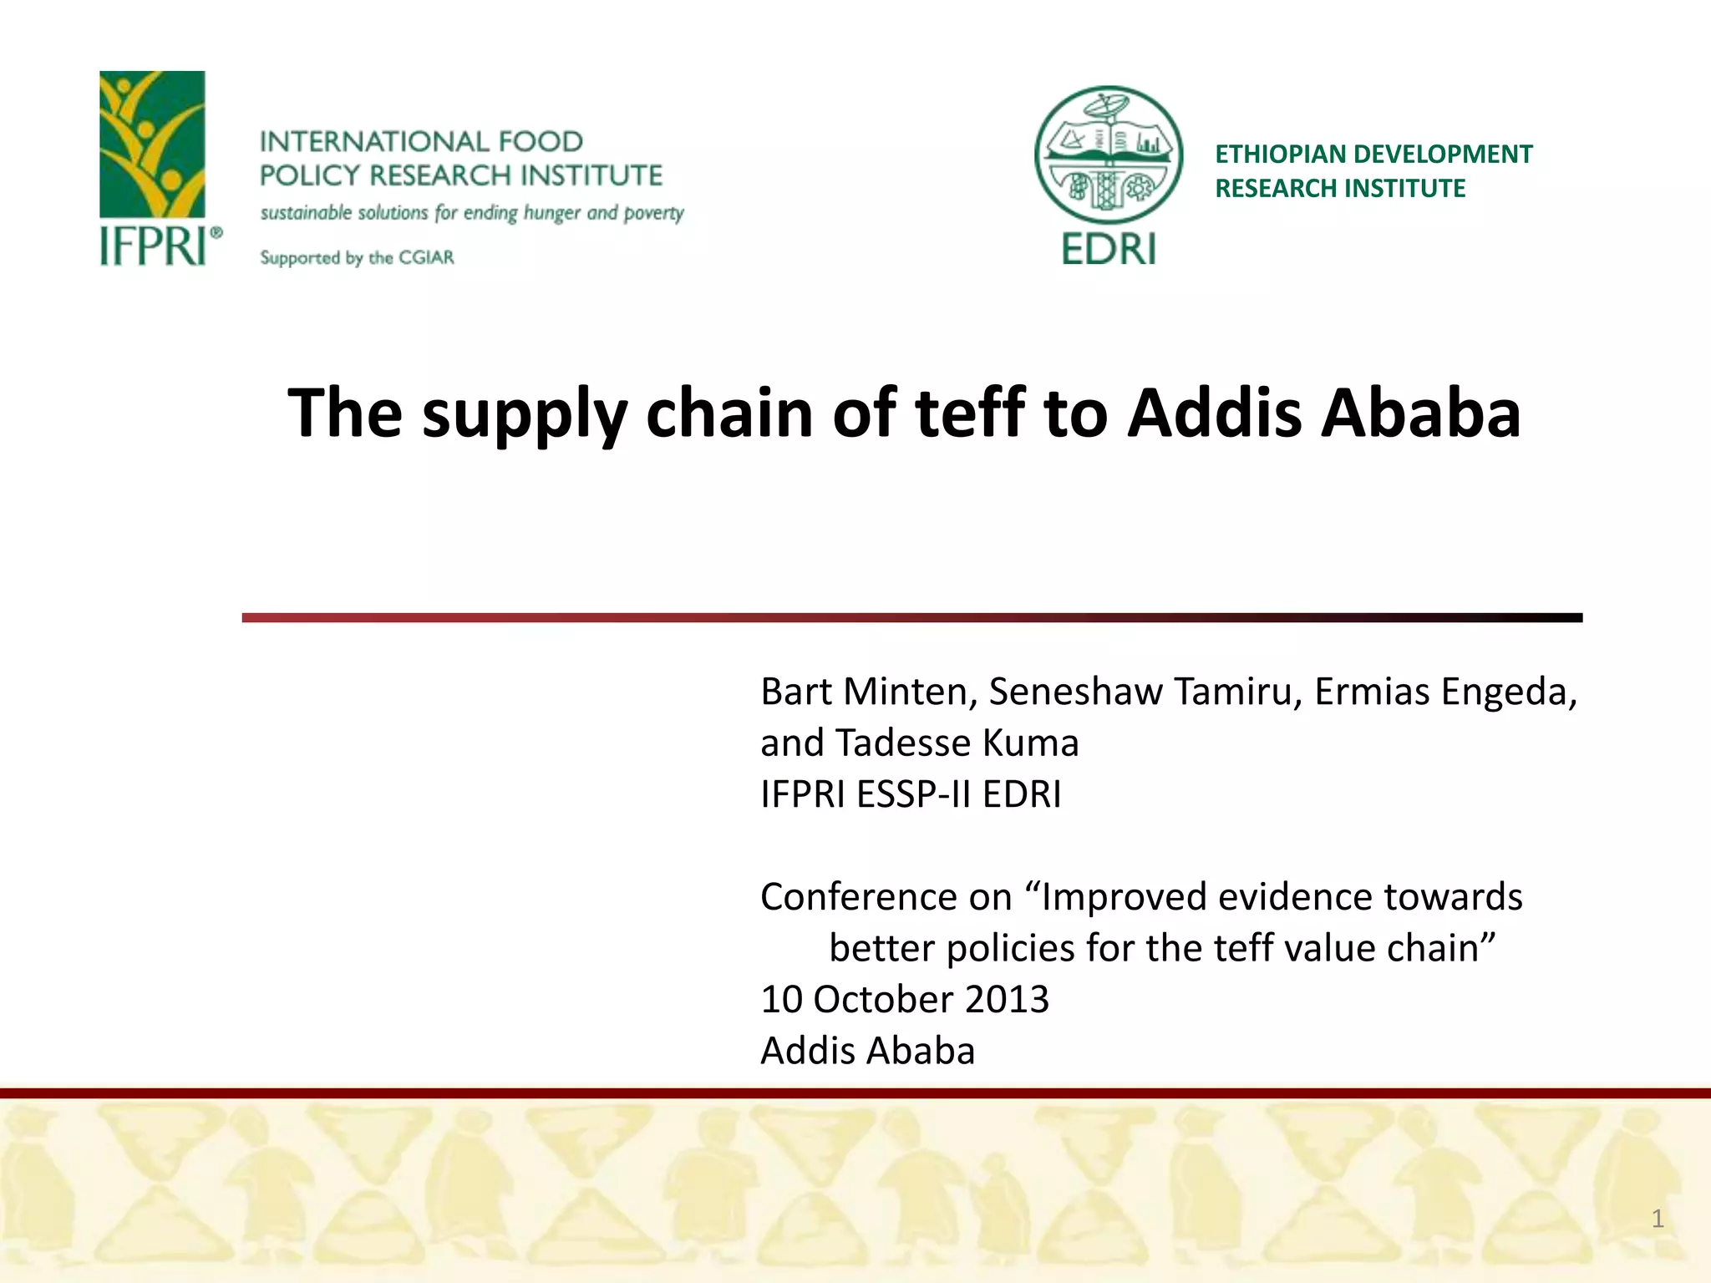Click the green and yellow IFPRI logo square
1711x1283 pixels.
pos(152,144)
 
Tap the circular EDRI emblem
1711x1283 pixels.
pos(1109,157)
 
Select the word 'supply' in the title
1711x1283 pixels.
pos(524,414)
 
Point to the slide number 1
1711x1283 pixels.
pos(1658,1219)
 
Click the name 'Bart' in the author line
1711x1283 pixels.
pos(796,692)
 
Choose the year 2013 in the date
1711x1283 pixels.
pos(1007,999)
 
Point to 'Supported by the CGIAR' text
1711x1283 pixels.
pos(357,257)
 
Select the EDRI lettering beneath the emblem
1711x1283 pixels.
pos(1109,249)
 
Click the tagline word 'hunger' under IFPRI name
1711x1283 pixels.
pos(552,213)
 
